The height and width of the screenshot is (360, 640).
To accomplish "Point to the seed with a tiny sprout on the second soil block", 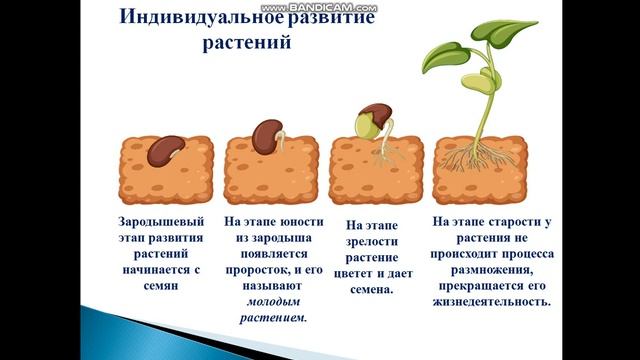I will point(267,136).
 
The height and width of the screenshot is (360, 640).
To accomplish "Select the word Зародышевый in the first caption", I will point(160,221).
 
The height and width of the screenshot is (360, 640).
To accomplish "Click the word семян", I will point(160,285).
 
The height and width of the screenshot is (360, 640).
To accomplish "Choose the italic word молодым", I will point(273,301).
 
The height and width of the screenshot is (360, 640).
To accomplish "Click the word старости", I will point(526,221).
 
